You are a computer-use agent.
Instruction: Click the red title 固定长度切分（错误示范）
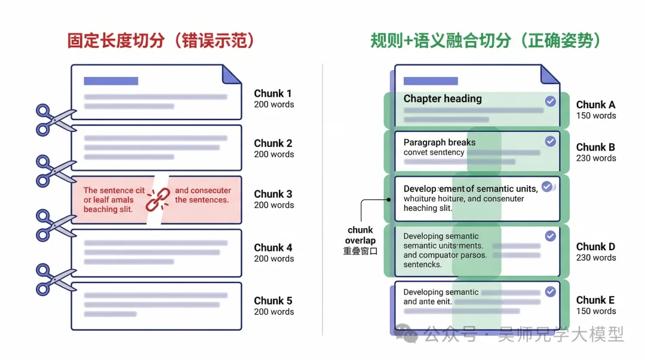pyautogui.click(x=161, y=41)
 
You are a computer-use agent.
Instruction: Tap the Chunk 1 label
pyautogui.click(x=273, y=93)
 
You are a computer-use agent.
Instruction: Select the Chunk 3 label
pyautogui.click(x=273, y=194)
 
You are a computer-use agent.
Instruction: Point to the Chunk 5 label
pyautogui.click(x=273, y=300)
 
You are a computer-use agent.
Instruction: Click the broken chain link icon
pyautogui.click(x=158, y=199)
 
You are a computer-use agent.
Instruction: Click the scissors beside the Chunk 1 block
pyautogui.click(x=56, y=119)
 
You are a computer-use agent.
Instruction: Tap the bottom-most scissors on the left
pyautogui.click(x=56, y=279)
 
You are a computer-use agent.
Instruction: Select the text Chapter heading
pyautogui.click(x=443, y=99)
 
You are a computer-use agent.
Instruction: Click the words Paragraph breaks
pyautogui.click(x=440, y=142)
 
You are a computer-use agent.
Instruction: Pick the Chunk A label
pyautogui.click(x=595, y=104)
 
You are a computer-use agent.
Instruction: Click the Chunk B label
pyautogui.click(x=595, y=147)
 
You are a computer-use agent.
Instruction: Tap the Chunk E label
pyautogui.click(x=595, y=300)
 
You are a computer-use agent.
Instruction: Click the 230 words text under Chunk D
pyautogui.click(x=596, y=258)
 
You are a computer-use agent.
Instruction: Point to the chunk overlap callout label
pyautogui.click(x=360, y=235)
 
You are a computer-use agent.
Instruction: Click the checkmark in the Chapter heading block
pyautogui.click(x=550, y=101)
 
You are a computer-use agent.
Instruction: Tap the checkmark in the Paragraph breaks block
pyautogui.click(x=550, y=141)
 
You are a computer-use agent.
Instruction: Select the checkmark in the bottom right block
pyautogui.click(x=550, y=291)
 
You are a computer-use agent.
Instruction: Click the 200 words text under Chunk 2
pyautogui.click(x=274, y=154)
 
